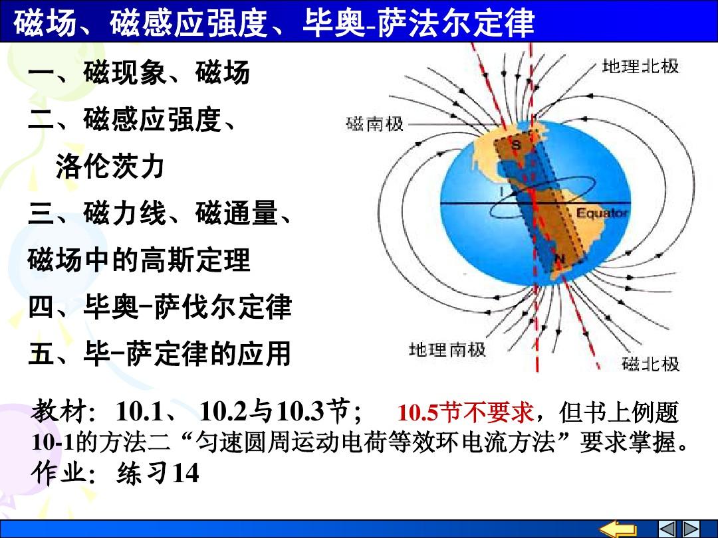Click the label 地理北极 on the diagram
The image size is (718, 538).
tap(640, 66)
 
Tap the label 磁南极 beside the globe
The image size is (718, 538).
tap(375, 124)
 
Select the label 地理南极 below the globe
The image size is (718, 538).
tap(447, 350)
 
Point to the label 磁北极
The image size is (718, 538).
tap(651, 365)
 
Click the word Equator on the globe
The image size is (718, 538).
tap(602, 213)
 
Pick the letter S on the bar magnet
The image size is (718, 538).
tap(517, 145)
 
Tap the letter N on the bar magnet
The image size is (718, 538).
tap(560, 259)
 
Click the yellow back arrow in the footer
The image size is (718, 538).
tap(618, 529)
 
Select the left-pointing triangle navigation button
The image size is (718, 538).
tap(667, 529)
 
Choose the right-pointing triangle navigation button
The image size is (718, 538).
tap(691, 529)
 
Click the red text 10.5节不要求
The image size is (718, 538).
tap(465, 412)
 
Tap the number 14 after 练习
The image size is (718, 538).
tap(185, 473)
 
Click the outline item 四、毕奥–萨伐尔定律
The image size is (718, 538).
tap(160, 306)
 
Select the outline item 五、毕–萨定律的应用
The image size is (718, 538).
tap(160, 353)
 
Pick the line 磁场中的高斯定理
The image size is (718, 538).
tap(139, 260)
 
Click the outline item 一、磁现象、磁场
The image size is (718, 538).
tap(139, 72)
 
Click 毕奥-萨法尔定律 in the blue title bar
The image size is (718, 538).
tap(419, 22)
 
